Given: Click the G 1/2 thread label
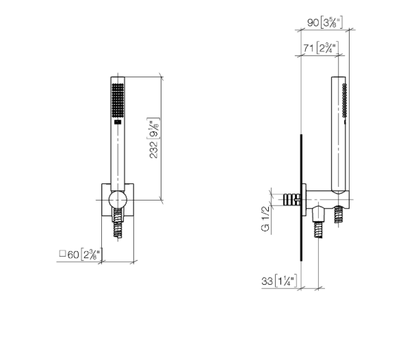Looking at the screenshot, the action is (265, 219).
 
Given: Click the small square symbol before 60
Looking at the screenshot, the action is (62, 253).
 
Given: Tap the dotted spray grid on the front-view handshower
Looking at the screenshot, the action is (118, 101).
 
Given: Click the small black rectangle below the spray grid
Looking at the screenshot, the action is (118, 122).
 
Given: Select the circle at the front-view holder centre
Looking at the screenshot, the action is (118, 200).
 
